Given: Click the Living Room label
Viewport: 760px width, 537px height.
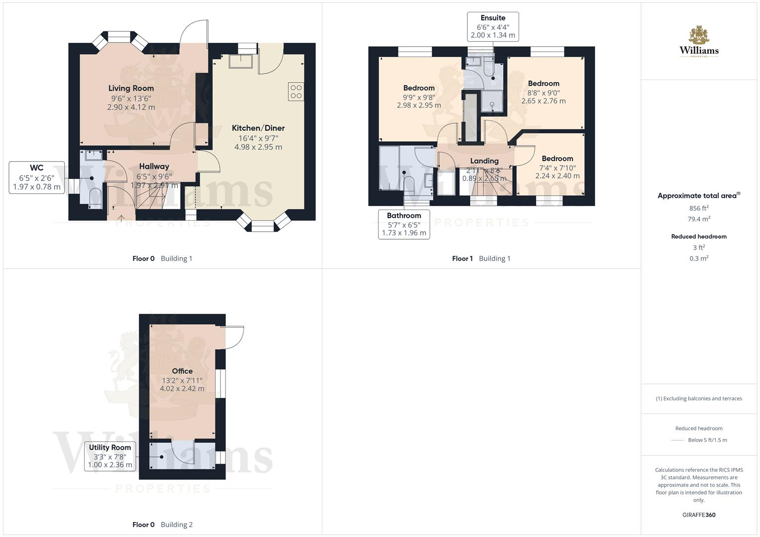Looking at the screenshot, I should [x=131, y=89].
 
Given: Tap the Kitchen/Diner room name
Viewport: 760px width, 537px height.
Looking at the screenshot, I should [x=258, y=128].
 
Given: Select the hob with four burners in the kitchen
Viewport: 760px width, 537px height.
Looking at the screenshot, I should [x=296, y=91].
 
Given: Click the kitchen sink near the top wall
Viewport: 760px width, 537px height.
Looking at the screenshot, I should [x=240, y=61].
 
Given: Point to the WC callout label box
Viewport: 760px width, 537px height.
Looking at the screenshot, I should [x=37, y=178].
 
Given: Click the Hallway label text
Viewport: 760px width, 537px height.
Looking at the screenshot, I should [x=154, y=167].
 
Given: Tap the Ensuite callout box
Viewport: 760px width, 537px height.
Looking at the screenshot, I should [x=493, y=27].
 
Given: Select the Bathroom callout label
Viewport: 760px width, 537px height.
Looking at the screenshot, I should [x=404, y=224].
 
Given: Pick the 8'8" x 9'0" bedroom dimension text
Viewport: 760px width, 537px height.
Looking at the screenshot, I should [x=543, y=92].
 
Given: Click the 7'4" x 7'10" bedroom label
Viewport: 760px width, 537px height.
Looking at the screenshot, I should [x=557, y=168].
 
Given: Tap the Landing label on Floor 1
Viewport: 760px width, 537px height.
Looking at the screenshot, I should [x=484, y=161].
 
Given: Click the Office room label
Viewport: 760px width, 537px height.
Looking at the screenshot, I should [x=182, y=371].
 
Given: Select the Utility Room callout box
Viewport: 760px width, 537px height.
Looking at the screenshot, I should [x=110, y=456].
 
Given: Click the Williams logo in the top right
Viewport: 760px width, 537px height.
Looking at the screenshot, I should [x=699, y=42].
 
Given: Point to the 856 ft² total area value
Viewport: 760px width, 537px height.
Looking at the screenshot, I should [x=699, y=208].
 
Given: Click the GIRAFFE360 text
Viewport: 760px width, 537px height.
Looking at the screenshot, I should [x=699, y=515].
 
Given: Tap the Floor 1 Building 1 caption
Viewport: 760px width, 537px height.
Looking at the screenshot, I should [x=481, y=259].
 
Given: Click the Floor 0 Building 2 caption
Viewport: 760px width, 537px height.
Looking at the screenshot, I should [x=162, y=525].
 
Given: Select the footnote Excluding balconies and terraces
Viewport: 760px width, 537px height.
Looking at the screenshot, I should [x=699, y=399].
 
